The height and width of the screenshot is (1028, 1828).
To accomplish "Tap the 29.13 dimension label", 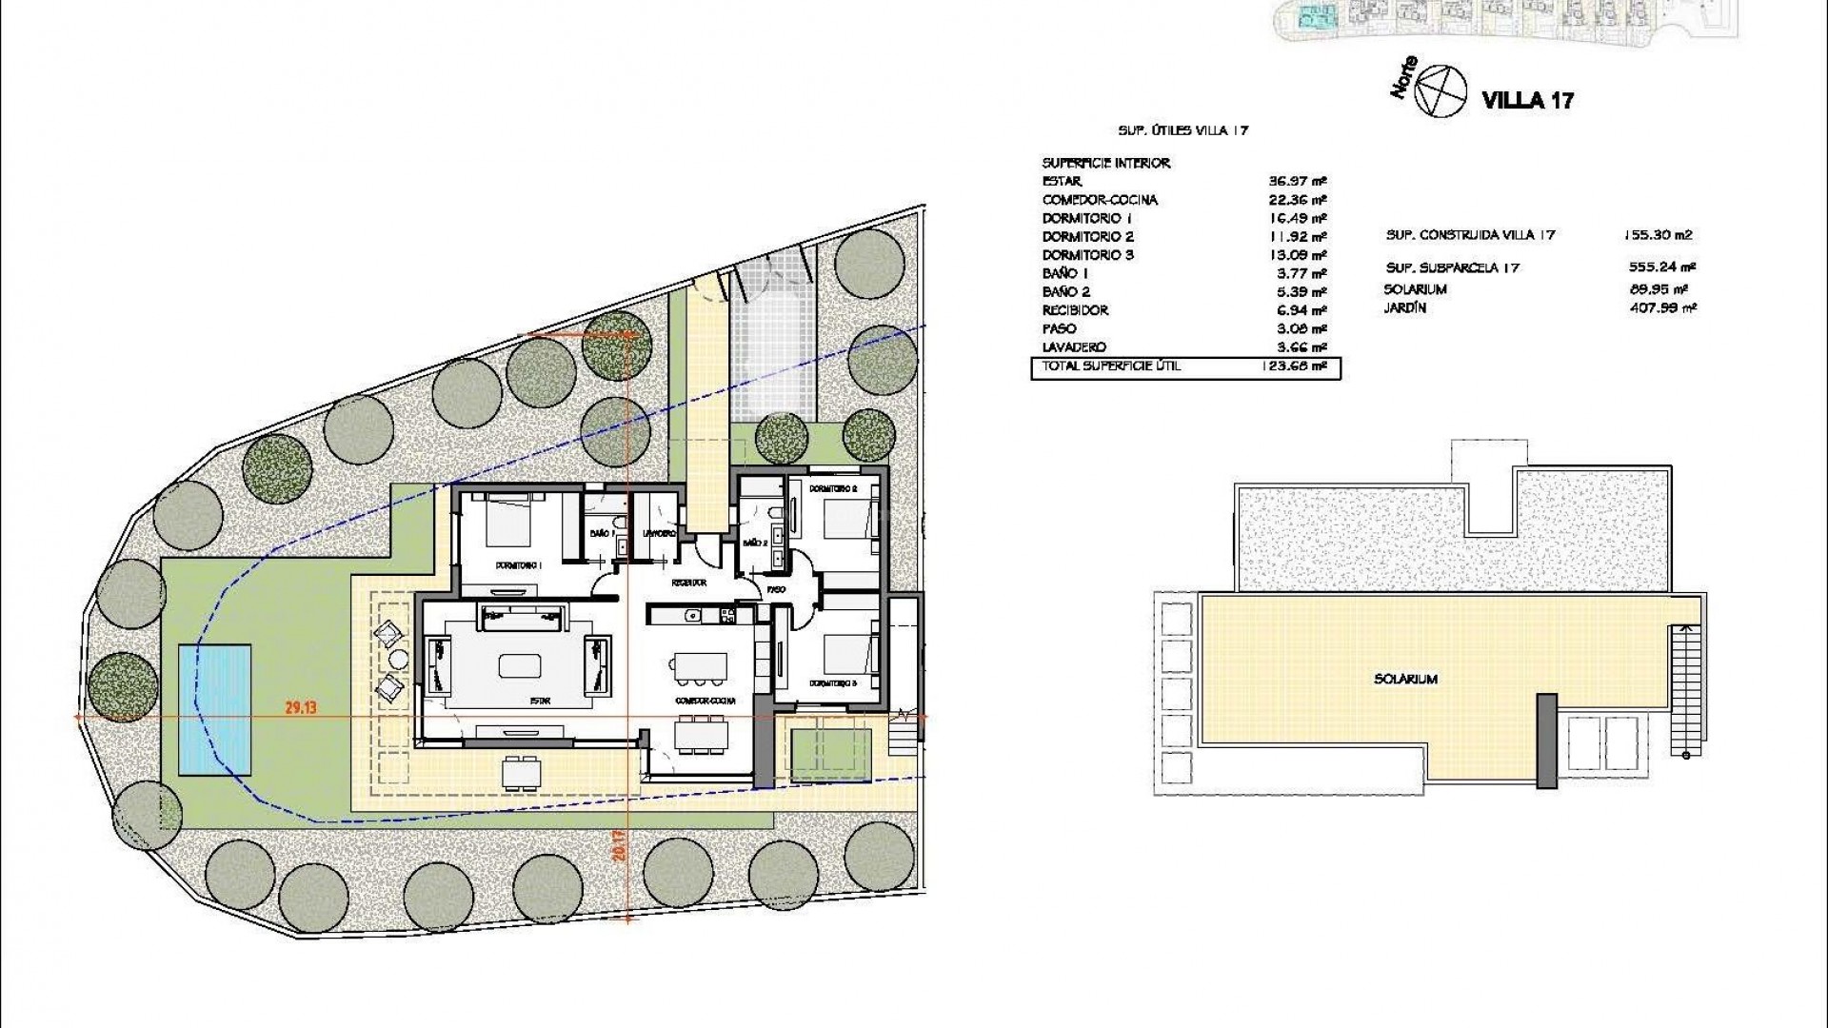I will click(x=300, y=707).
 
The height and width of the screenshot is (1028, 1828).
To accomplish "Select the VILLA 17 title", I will click(x=1528, y=100).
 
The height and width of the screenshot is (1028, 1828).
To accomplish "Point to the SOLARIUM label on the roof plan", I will click(x=1405, y=680).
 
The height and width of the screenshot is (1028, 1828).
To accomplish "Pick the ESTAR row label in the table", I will click(x=1063, y=181).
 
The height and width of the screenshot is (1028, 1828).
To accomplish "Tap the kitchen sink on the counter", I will click(x=693, y=615).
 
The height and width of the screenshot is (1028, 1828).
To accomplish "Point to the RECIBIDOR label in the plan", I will click(x=689, y=583).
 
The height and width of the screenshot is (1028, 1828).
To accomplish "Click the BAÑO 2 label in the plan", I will click(x=755, y=544).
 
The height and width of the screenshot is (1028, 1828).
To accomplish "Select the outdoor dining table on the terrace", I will click(x=522, y=770).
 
